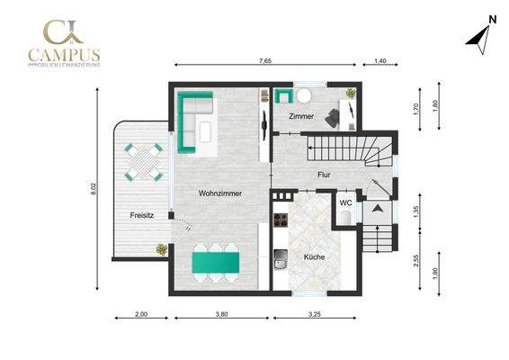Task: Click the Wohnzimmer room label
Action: [x=220, y=193]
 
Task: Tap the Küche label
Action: [x=314, y=256]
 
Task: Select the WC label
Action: [x=345, y=202]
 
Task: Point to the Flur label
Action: [x=325, y=175]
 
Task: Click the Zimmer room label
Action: [x=301, y=118]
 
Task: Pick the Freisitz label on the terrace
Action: [x=141, y=214]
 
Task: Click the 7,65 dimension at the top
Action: [x=264, y=60]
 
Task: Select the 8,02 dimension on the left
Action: [x=93, y=190]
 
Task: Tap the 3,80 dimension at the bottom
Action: [x=220, y=315]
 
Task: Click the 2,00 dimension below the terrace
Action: [x=140, y=315]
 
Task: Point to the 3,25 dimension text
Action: [x=315, y=315]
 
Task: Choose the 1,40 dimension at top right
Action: [x=379, y=60]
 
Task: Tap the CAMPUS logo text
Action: [x=64, y=54]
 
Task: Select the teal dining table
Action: [x=216, y=262]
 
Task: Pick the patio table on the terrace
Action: [x=145, y=162]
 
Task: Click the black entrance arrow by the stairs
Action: [x=378, y=209]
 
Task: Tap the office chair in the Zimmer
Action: [x=335, y=114]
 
